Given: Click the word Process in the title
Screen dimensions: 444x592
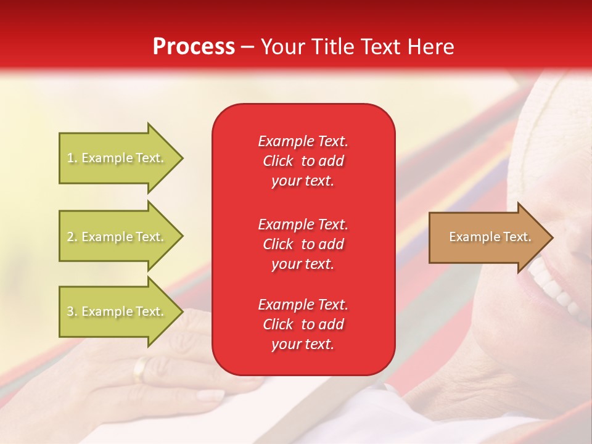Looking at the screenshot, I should click(x=194, y=47).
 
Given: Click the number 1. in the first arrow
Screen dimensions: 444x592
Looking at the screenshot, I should click(x=72, y=158).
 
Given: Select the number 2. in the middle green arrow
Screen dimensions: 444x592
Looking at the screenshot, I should click(x=72, y=237).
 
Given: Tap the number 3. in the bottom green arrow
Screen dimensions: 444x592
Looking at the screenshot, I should click(x=72, y=311).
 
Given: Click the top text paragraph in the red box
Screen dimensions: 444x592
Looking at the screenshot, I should click(x=303, y=161).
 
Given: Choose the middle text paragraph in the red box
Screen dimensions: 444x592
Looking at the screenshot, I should click(x=303, y=244).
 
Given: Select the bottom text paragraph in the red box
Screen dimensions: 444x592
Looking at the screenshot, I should click(x=303, y=324).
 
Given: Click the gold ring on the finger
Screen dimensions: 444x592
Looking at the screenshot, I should click(x=141, y=368).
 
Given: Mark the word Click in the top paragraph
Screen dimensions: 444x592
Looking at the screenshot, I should click(x=278, y=161).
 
